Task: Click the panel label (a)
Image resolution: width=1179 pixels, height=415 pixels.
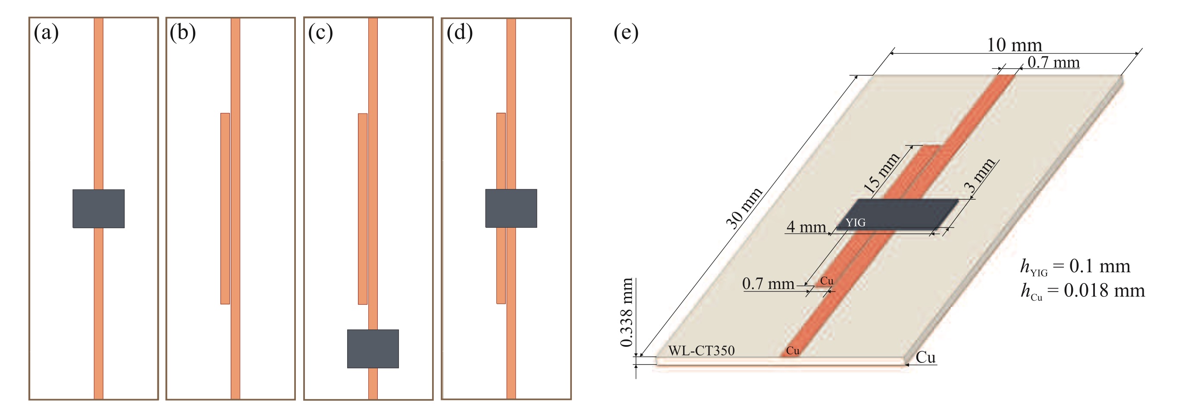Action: point(46,33)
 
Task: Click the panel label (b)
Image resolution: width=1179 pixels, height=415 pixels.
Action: point(182,33)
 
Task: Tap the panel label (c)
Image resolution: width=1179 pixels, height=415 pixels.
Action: point(320,33)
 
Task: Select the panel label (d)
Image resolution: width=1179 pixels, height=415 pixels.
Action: point(460,33)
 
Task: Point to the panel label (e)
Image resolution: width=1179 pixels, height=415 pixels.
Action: point(626,33)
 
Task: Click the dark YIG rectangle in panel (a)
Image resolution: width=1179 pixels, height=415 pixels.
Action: point(98,208)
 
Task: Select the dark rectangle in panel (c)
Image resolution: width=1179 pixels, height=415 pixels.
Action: point(373,349)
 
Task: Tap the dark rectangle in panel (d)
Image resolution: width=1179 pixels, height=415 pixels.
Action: point(511,208)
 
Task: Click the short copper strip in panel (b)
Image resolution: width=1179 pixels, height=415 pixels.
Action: point(225,208)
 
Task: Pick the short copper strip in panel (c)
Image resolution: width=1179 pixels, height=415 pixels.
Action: point(363,208)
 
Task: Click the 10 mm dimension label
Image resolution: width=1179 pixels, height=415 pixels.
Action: point(1014,45)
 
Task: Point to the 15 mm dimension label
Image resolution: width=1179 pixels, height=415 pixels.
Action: point(881,173)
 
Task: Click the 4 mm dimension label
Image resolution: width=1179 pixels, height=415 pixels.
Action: point(806,227)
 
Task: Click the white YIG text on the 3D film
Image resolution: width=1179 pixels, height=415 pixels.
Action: point(855,223)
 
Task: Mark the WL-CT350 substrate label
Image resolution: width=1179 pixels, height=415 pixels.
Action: point(701,350)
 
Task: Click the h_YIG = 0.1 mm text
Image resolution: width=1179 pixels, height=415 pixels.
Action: point(1075,267)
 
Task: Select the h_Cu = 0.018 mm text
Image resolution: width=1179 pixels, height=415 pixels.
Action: point(1082,291)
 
